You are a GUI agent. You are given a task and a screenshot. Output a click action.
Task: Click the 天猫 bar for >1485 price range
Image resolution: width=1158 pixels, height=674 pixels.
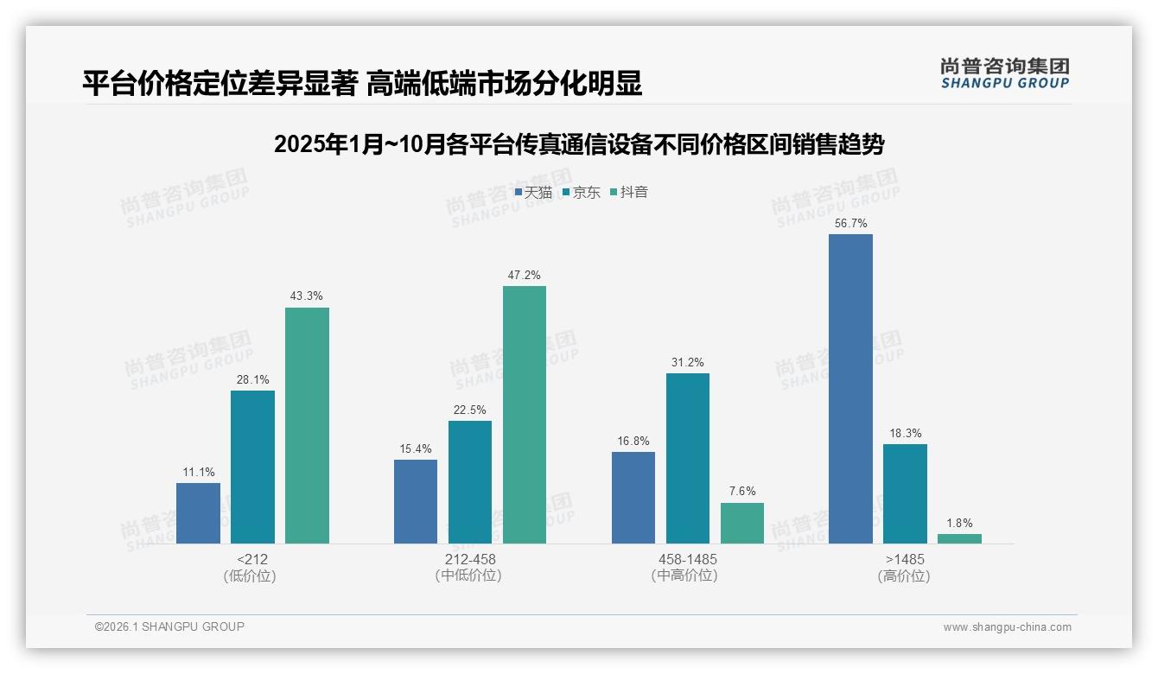coord(850,389)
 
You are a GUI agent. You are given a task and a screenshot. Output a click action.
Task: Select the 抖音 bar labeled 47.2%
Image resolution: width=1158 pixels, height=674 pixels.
coord(525,415)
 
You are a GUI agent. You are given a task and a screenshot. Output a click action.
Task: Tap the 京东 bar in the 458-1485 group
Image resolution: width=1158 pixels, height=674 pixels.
coord(688,458)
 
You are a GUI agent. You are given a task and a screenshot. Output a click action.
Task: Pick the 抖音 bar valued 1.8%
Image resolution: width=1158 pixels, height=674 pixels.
coord(959,538)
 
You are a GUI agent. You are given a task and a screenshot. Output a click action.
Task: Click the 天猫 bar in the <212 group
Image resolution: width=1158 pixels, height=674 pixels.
coord(198,512)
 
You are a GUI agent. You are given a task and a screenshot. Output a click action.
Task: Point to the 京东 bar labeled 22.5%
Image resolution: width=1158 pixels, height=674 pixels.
coord(469,482)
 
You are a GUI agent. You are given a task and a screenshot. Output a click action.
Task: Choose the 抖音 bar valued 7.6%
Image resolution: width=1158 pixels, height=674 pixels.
coord(742,523)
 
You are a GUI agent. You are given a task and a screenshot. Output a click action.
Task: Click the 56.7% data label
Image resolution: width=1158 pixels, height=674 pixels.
coord(850,224)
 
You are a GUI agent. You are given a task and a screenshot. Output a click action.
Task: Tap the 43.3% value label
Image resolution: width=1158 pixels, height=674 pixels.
coord(307,296)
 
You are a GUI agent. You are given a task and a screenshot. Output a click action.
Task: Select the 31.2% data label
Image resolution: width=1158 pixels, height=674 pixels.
coord(688,362)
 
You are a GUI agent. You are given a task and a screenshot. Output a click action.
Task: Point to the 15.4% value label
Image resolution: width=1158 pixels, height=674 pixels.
coord(416,448)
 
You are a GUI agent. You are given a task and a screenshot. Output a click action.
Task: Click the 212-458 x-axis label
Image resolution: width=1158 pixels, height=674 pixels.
coord(469,559)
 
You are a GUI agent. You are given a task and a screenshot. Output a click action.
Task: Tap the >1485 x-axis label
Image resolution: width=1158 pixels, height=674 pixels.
coord(905,559)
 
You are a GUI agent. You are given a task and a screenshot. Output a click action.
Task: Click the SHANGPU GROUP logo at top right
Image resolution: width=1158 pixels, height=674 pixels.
coord(1005,73)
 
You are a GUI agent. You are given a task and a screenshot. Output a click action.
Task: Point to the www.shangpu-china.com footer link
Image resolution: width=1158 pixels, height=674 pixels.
coord(1007,627)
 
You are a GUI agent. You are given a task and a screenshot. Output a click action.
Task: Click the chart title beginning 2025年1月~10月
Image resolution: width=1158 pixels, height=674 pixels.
coord(579,144)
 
